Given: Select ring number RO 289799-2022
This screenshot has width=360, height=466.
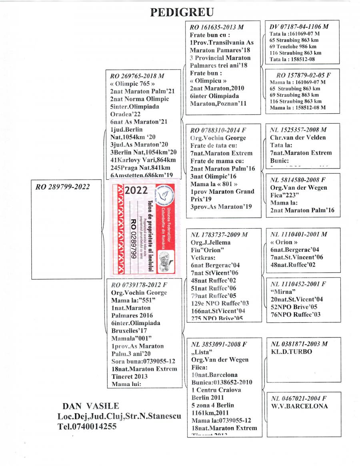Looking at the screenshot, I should (x=62, y=186).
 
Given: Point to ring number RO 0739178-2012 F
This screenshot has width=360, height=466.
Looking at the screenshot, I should (x=138, y=285).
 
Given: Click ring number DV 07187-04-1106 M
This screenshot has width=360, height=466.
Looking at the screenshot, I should (x=299, y=26).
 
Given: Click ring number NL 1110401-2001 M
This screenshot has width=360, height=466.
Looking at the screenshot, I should (x=299, y=234).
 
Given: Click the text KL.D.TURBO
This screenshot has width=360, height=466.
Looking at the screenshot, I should (x=291, y=352).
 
